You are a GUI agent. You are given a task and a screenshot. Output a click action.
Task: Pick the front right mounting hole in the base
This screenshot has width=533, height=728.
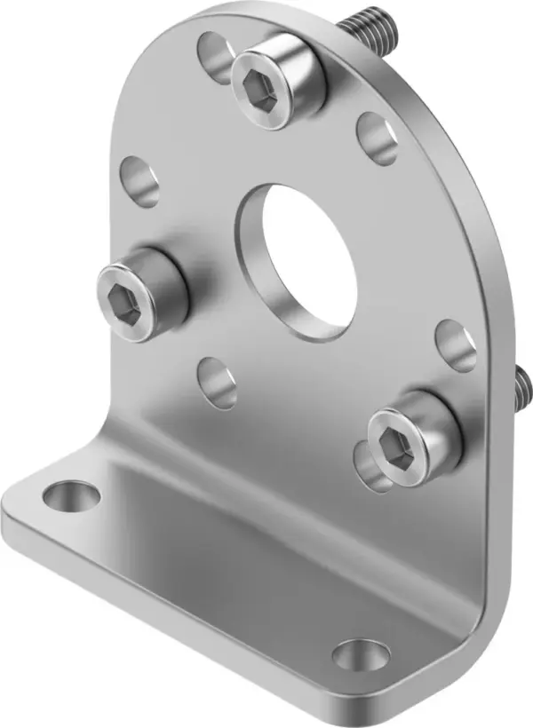pos(362,655)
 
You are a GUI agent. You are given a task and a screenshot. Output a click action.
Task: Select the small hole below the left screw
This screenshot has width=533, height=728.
pos(217,383)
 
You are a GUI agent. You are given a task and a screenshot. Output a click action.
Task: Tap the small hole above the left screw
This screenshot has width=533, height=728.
pos(139,180)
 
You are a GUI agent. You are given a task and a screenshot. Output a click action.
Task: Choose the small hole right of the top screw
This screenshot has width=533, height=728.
pos(378,138)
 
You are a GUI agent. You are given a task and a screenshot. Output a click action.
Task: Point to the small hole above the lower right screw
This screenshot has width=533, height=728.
pos(457,345)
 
